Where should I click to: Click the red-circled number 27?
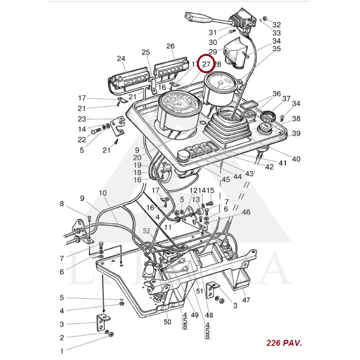[206, 64]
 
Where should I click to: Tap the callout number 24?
[121, 58]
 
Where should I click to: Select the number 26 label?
[170, 46]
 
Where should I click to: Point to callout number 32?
[276, 25]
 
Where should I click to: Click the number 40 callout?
[296, 159]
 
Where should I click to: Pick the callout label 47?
[246, 300]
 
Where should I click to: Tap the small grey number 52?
[147, 230]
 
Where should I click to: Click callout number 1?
[62, 350]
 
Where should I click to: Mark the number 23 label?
[81, 119]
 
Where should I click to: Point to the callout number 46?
[246, 212]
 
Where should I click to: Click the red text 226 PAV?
[284, 343]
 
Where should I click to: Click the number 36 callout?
[276, 94]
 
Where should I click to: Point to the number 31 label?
[212, 32]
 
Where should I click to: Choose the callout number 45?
[225, 179]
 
